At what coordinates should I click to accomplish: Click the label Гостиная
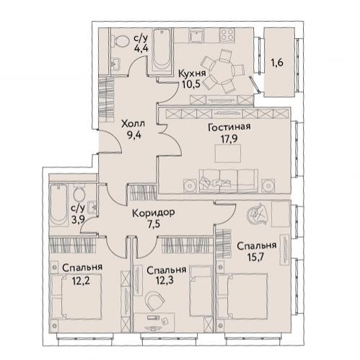coord(229,127)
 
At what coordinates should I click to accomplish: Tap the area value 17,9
coord(227,139)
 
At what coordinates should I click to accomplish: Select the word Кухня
coord(192,74)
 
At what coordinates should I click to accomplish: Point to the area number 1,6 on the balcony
coord(277,63)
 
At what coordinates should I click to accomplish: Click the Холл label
coord(133,124)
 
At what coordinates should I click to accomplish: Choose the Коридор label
coord(154,213)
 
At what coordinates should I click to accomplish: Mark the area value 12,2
coord(82,280)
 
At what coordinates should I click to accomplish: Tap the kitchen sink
coord(197,35)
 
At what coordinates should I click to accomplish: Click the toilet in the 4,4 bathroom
coord(119,40)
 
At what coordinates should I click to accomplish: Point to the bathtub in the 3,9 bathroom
coord(58,205)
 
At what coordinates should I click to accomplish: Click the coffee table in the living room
coord(227,154)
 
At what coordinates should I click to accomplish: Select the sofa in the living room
coord(229,180)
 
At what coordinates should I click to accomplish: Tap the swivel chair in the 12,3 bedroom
coord(154,301)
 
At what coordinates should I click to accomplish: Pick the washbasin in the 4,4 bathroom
coord(116,64)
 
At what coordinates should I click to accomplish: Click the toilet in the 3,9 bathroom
coord(79,193)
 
